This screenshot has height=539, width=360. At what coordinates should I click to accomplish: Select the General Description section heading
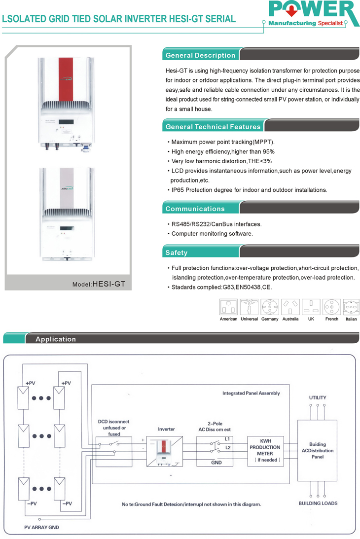[x=200, y=55]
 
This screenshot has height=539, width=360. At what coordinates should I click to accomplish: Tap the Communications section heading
[x=195, y=209]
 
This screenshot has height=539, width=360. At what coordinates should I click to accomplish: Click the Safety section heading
[x=177, y=252]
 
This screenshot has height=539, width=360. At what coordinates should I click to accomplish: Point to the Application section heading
[x=56, y=339]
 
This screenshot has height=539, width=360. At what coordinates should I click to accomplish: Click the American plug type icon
[x=228, y=308]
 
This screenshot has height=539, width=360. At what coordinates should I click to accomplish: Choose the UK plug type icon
[x=311, y=308]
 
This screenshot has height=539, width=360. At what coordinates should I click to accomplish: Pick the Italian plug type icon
[x=351, y=308]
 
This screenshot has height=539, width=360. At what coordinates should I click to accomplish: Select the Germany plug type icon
[x=270, y=308]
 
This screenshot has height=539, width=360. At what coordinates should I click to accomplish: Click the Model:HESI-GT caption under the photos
[x=99, y=284]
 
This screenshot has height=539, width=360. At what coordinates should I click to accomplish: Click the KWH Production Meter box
[x=265, y=450]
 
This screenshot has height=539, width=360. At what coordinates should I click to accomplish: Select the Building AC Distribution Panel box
[x=318, y=451]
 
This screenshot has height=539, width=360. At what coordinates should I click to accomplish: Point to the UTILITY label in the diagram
[x=318, y=397]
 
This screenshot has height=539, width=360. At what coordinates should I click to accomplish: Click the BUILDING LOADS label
[x=318, y=503]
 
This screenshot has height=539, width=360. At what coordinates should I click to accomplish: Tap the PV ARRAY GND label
[x=41, y=527]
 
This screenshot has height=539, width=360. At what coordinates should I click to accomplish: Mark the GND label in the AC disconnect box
[x=216, y=463]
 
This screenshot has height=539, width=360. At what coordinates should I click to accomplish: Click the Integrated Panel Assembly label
[x=251, y=393]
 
